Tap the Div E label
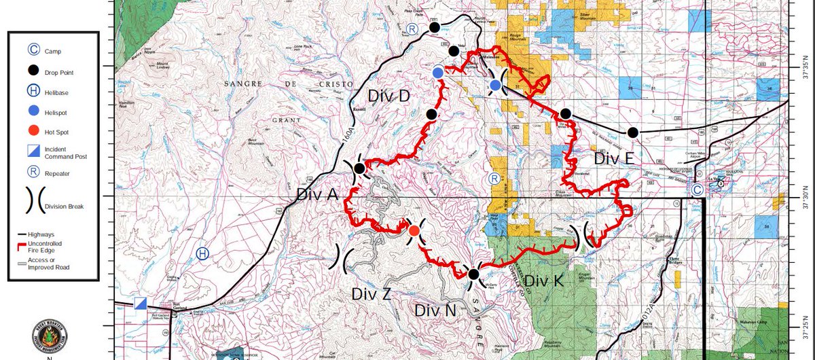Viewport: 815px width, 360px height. click(614, 158)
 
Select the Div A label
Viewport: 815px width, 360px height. click(317, 194)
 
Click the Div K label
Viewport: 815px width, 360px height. click(544, 281)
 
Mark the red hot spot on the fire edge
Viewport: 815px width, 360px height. click(414, 231)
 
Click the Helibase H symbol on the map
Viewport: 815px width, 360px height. click(202, 253)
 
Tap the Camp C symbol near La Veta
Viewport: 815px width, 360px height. click(697, 191)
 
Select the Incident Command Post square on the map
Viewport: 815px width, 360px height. click(141, 304)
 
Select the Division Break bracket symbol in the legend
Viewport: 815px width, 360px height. click(33, 201)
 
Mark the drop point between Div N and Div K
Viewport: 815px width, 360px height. click(473, 274)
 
